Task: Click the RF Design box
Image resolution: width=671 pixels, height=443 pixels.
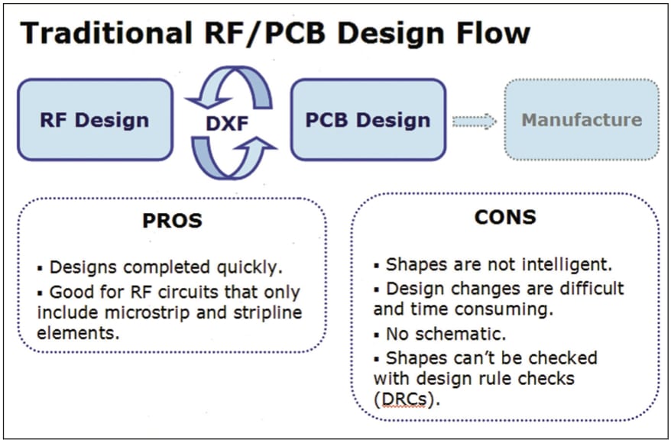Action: [95, 120]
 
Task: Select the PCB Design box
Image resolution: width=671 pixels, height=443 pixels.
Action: [368, 120]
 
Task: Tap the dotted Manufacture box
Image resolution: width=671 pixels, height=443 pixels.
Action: [582, 120]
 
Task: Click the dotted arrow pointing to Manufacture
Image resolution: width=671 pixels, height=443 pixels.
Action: [474, 121]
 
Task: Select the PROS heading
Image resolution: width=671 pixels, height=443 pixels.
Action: [172, 221]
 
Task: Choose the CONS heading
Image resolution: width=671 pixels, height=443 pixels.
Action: [505, 216]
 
